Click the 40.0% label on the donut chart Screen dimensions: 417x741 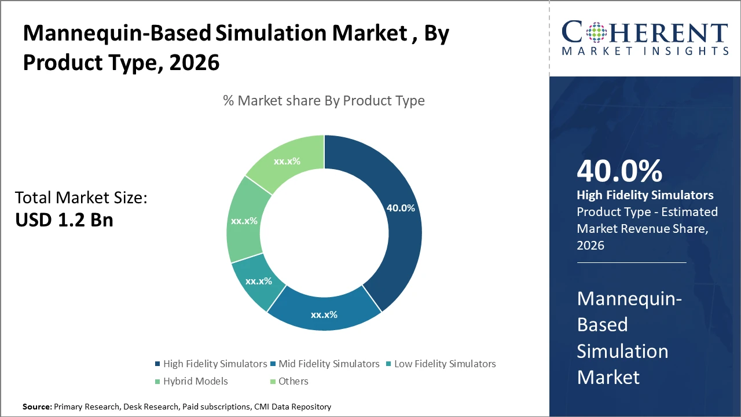tap(401, 208)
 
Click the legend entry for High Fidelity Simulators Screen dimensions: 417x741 tap(215, 364)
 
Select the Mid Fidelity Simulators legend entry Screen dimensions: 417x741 tap(329, 364)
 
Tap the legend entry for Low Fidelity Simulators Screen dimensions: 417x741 tap(445, 364)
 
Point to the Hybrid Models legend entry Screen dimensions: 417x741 tap(196, 381)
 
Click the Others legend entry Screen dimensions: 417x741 tap(293, 381)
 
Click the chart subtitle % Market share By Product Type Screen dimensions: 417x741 tap(324, 101)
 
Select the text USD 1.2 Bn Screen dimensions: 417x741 tap(64, 220)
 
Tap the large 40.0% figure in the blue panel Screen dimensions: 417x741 tap(619, 171)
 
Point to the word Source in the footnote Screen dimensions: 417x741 tap(36, 407)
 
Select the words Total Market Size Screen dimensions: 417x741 tap(81, 198)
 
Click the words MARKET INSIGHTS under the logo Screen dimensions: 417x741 tap(644, 52)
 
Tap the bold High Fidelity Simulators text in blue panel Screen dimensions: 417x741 tap(645, 195)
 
